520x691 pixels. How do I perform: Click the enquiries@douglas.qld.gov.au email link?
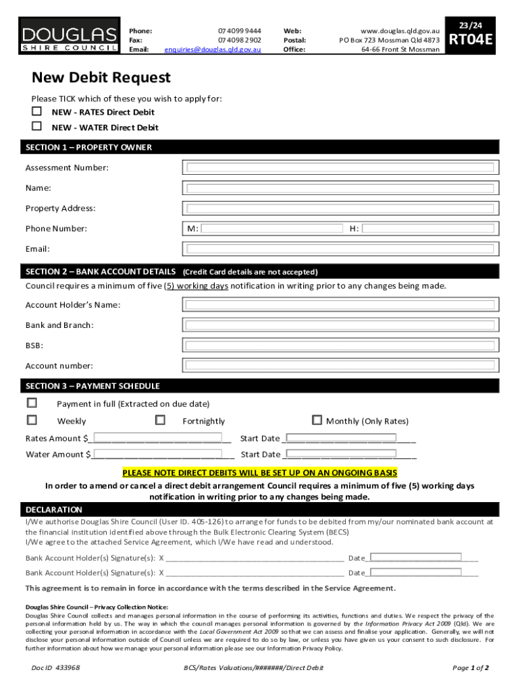pyautogui.click(x=213, y=49)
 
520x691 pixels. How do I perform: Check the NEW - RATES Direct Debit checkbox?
pyautogui.click(x=37, y=111)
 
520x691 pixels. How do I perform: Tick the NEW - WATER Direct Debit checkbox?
pyautogui.click(x=37, y=126)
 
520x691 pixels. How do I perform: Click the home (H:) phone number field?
pyautogui.click(x=432, y=229)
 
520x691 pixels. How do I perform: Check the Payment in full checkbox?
pyautogui.click(x=32, y=403)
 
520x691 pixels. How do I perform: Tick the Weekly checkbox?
pyautogui.click(x=32, y=420)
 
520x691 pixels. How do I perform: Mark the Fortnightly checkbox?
pyautogui.click(x=160, y=420)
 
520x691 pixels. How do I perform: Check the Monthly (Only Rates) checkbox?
pyautogui.click(x=317, y=420)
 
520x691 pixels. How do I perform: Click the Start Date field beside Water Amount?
pyautogui.click(x=341, y=453)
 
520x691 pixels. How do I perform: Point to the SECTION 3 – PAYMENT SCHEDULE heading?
pyautogui.click(x=93, y=386)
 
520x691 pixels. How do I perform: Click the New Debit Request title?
pyautogui.click(x=101, y=78)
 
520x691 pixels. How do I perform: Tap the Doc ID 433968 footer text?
pyautogui.click(x=56, y=667)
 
